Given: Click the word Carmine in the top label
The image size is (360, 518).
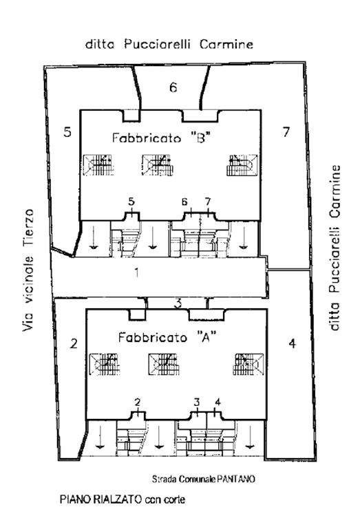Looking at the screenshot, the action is [x=226, y=44].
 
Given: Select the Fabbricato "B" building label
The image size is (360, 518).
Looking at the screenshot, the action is [x=161, y=138].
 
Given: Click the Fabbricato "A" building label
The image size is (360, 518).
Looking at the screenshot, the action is [x=167, y=337].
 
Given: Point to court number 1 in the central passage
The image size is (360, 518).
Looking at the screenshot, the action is [x=136, y=273].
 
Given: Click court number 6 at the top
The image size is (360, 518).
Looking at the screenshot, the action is [x=173, y=87].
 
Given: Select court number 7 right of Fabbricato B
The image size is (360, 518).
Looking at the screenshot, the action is [x=286, y=132].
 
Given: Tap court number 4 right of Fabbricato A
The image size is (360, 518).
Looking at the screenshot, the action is [x=293, y=343].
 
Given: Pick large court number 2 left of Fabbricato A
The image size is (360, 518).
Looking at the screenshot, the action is [x=74, y=343].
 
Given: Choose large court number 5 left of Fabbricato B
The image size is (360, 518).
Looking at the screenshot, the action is [x=67, y=132].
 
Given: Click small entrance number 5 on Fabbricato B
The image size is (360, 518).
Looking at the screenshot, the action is [x=131, y=201].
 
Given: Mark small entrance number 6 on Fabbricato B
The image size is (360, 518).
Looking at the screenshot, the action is [x=184, y=201].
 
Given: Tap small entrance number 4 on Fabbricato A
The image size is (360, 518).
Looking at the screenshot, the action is [x=218, y=402].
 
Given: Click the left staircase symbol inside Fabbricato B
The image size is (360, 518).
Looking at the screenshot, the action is [x=98, y=164].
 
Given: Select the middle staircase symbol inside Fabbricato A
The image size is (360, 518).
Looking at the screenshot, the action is [x=164, y=364].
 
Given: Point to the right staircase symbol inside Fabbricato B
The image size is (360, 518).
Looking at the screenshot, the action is [x=242, y=164].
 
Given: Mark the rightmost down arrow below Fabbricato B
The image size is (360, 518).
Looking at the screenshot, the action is [x=244, y=236].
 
